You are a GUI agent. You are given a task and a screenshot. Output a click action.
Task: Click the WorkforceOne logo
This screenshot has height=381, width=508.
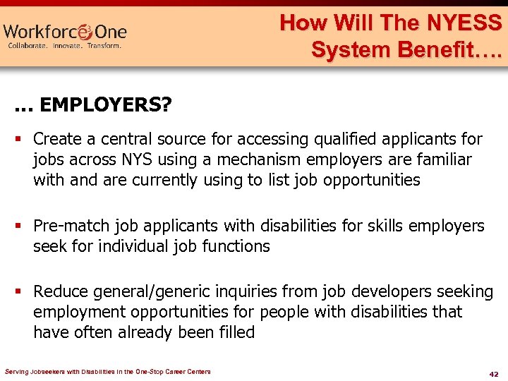[65, 32]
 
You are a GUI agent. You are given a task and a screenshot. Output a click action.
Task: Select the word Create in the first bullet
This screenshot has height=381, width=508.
[56, 139]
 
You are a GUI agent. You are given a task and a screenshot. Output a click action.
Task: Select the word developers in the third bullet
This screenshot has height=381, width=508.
[392, 292]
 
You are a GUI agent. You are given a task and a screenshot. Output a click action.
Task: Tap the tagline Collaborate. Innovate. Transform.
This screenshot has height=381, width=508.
[65, 46]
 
